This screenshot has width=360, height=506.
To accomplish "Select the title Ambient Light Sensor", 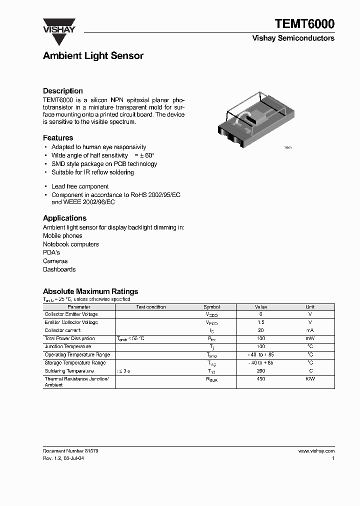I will pos(93,56).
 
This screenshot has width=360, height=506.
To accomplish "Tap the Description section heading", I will pos(63,91).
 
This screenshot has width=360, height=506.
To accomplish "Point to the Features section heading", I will pos(58,137).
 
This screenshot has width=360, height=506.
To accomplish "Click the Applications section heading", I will pos(64,218).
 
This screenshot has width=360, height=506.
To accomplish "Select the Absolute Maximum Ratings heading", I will pos(90,291).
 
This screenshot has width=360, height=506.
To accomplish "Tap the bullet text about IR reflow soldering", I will pos(92,172).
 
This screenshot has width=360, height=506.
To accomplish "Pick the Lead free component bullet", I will pos(80,186).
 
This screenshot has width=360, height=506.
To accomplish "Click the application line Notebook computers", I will pos(70,244).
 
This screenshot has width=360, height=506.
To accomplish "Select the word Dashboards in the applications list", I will pos(59,269).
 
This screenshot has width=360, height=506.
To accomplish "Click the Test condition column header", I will pos(151,307).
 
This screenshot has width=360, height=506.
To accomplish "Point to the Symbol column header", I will pos(211,307).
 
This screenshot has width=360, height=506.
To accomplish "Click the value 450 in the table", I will pos(260,379).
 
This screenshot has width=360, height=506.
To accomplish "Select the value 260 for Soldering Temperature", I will pos(260,371).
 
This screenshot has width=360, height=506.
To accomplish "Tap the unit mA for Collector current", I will pos(310,330).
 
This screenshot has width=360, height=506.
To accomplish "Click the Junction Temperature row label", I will pos(68,346).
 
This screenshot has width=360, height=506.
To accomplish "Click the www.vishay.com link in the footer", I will pos(316,451).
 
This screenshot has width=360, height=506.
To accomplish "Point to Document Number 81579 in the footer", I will pos(70,451).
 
